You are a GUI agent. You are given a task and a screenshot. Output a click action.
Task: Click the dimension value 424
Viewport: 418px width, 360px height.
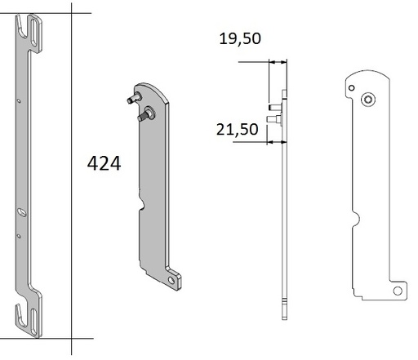[104, 163]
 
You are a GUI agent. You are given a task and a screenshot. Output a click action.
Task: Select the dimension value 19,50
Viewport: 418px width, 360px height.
[239, 38]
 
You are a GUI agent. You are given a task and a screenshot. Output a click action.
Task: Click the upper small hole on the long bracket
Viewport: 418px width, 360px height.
[19, 101]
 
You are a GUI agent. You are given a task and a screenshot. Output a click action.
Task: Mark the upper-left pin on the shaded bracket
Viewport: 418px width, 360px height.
[130, 100]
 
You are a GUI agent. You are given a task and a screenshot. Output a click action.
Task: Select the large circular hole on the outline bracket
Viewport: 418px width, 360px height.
[368, 99]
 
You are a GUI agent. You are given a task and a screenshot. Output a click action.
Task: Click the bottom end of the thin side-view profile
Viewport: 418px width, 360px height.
[282, 314]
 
